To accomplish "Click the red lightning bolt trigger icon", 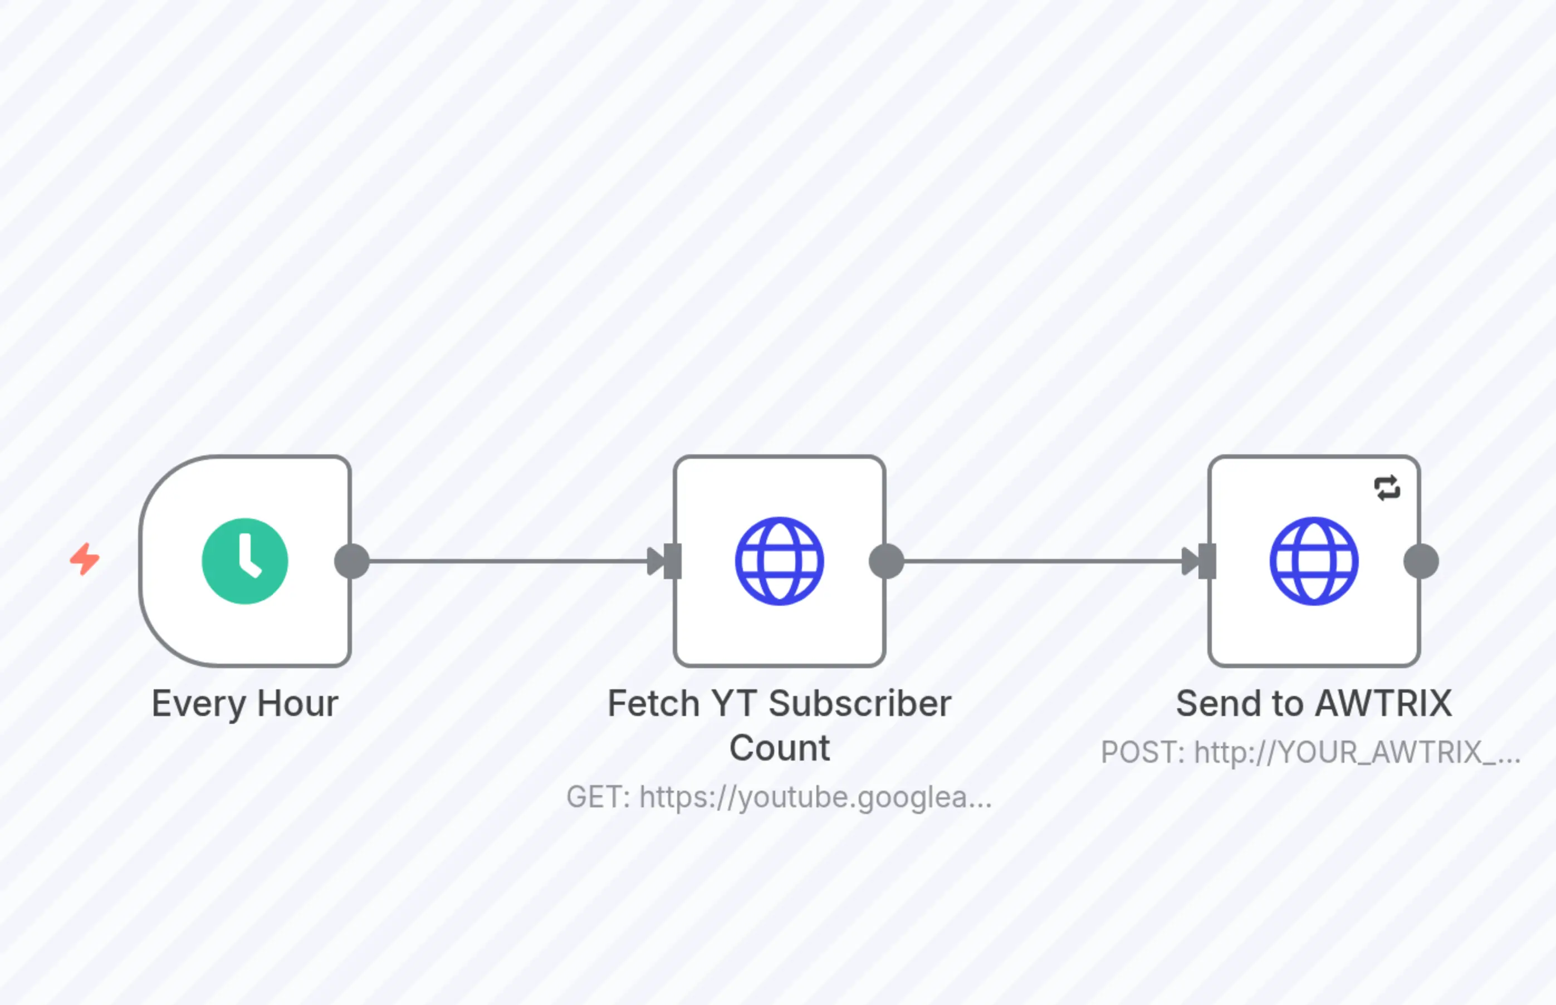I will [85, 559].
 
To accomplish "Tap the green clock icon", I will [244, 561].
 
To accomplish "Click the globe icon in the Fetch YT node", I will [779, 561].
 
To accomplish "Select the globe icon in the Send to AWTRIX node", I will [1314, 561].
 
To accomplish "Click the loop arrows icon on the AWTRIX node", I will [1387, 488].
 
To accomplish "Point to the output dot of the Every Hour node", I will [352, 561].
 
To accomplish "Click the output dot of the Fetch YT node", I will [887, 561].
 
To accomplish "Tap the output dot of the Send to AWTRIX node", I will [1421, 561].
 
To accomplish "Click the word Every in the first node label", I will [198, 704].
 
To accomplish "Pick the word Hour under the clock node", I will [297, 704].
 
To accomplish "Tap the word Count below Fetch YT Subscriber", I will [779, 748].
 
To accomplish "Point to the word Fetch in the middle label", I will [653, 704].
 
